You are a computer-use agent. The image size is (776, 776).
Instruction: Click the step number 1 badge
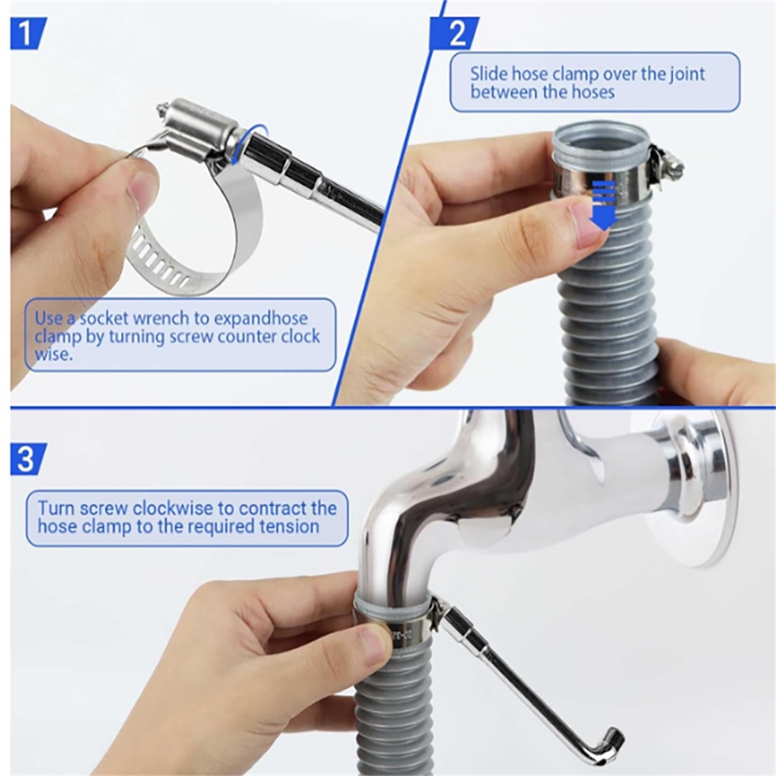pos(28,33)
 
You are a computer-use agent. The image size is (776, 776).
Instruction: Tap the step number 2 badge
pos(454,33)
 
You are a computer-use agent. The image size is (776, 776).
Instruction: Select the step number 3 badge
pos(28,459)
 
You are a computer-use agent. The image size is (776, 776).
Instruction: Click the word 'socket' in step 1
pos(105,318)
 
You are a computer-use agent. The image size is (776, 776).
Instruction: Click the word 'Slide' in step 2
pos(489,74)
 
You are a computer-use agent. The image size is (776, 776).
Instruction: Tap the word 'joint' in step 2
pos(688,74)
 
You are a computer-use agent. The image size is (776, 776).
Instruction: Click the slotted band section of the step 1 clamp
pos(159,268)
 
